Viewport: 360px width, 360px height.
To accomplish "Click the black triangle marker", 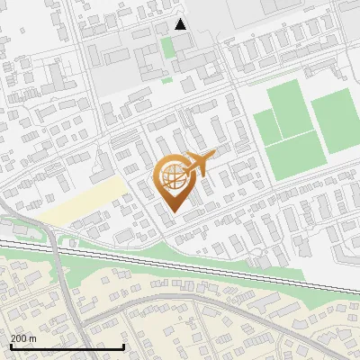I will [x=181, y=24].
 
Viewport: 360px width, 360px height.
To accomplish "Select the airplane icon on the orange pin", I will [x=200, y=163].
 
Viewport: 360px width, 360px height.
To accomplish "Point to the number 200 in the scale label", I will [x=20, y=338].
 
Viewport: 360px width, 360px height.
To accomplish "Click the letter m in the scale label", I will [x=33, y=338].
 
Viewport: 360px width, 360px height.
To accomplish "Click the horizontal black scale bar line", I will [x=67, y=346].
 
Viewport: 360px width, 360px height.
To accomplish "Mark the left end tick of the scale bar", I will [x=10, y=345].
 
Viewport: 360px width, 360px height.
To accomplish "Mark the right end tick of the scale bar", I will [x=123, y=345].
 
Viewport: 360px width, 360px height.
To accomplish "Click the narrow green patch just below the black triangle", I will [x=168, y=46].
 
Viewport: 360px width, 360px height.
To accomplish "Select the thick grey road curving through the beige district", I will [x=180, y=297].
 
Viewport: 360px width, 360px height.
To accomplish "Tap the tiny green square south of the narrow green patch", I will [x=167, y=79].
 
